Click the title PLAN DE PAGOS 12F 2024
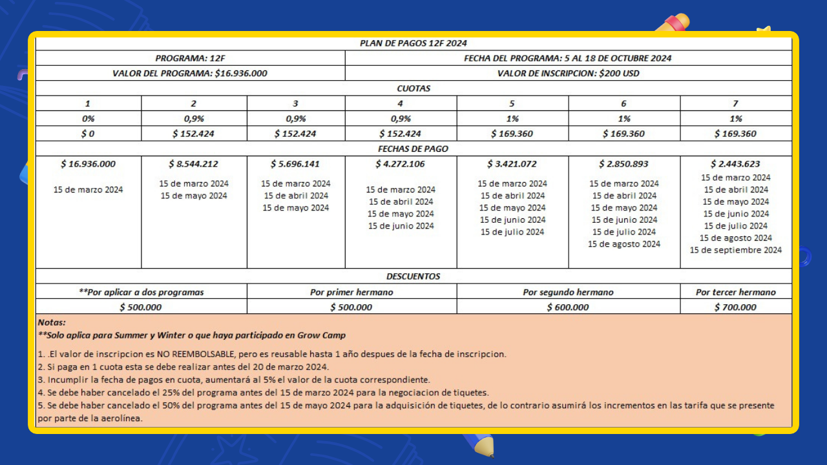coord(413,43)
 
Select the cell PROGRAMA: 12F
coord(190,58)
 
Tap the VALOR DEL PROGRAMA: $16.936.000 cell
coord(190,73)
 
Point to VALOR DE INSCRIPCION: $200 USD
coord(568,73)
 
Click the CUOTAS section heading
coord(413,88)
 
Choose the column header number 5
coord(512,103)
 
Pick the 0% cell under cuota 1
coord(88,119)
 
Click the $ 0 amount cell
coord(88,134)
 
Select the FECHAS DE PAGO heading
coord(413,149)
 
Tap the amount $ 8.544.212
coord(194,164)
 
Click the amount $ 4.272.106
coord(401,164)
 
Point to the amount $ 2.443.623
coord(735,164)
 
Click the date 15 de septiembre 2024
coord(735,250)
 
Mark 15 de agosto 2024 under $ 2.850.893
coord(623,244)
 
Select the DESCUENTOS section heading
coord(413,276)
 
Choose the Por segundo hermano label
coord(568,292)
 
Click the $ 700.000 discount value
coord(735,307)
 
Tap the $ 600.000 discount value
coord(568,307)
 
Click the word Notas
coord(52,322)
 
